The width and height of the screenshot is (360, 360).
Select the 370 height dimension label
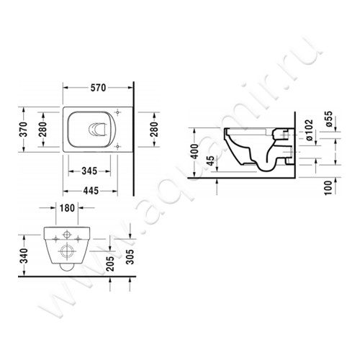tap(23, 130)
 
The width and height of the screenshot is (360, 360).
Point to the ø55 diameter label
tap(328, 118)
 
